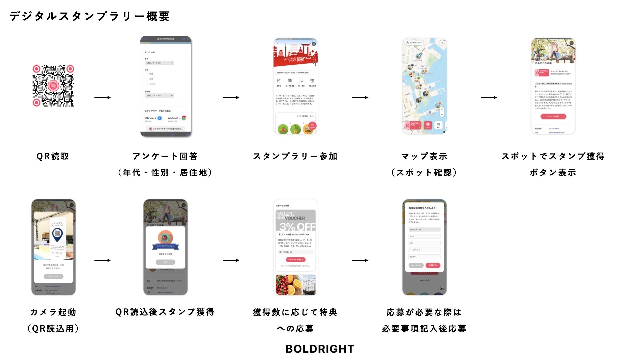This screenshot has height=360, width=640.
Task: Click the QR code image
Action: coord(53,86)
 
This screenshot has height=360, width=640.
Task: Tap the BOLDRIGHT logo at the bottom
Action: coord(320,349)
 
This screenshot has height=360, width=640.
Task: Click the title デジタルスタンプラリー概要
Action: coord(90,16)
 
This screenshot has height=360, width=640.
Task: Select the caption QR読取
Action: coord(53,156)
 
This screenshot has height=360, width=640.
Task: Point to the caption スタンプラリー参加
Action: coord(295,156)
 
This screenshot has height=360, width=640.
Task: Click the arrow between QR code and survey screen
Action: coord(102,97)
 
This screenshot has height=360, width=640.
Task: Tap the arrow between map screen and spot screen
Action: coord(489,97)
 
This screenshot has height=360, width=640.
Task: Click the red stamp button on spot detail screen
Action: coord(553,116)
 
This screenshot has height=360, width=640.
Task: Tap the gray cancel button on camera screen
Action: coord(53,276)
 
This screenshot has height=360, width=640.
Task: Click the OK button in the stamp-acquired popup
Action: coord(165,262)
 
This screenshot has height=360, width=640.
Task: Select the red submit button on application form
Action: coord(433,265)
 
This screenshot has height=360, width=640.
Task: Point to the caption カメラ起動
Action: coord(53,312)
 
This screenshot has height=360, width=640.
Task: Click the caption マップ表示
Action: coord(424,156)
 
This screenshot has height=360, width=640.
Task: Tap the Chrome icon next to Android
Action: coord(184,118)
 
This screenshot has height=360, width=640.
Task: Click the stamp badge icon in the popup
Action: coord(165,237)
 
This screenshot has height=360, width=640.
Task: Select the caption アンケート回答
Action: coord(165,156)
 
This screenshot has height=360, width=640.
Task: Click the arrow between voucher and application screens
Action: coord(360,260)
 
